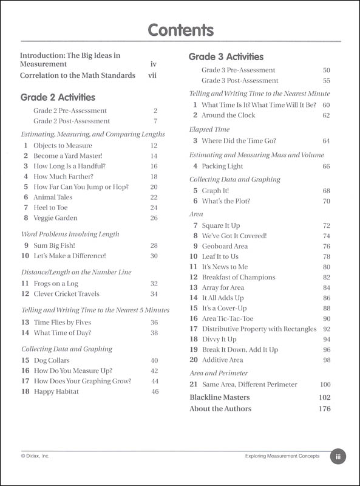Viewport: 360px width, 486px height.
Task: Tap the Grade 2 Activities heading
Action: pyautogui.click(x=58, y=97)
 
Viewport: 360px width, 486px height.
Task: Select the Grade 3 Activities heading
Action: pyautogui.click(x=226, y=57)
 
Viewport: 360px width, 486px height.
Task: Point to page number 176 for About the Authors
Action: pyautogui.click(x=324, y=409)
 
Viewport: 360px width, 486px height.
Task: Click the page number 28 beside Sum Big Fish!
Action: pyautogui.click(x=154, y=245)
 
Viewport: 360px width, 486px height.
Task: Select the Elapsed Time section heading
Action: pyautogui.click(x=209, y=129)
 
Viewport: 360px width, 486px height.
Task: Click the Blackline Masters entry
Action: pyautogui.click(x=220, y=397)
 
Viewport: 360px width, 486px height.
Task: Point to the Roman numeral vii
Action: pyautogui.click(x=152, y=76)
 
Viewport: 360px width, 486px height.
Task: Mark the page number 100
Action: pyautogui.click(x=325, y=385)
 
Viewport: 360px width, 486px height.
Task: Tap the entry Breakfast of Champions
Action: pyautogui.click(x=239, y=277)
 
